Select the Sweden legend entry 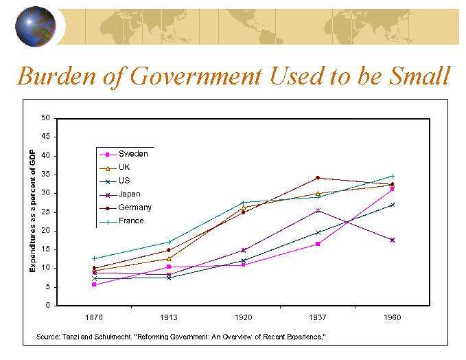pyautogui.click(x=132, y=154)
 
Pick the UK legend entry pyautogui.click(x=124, y=167)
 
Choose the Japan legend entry pyautogui.click(x=129, y=194)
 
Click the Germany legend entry pyautogui.click(x=135, y=207)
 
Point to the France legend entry pyautogui.click(x=131, y=221)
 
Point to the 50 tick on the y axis pyautogui.click(x=46, y=117)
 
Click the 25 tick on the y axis pyautogui.click(x=46, y=212)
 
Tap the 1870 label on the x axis pyautogui.click(x=94, y=317)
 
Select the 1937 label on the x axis pyautogui.click(x=318, y=317)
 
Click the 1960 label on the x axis pyautogui.click(x=392, y=317)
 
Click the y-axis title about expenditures pyautogui.click(x=32, y=212)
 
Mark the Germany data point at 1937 pyautogui.click(x=318, y=178)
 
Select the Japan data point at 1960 pyautogui.click(x=392, y=240)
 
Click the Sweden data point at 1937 pyautogui.click(x=318, y=244)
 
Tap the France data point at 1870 pyautogui.click(x=94, y=258)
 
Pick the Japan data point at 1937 pyautogui.click(x=318, y=210)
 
